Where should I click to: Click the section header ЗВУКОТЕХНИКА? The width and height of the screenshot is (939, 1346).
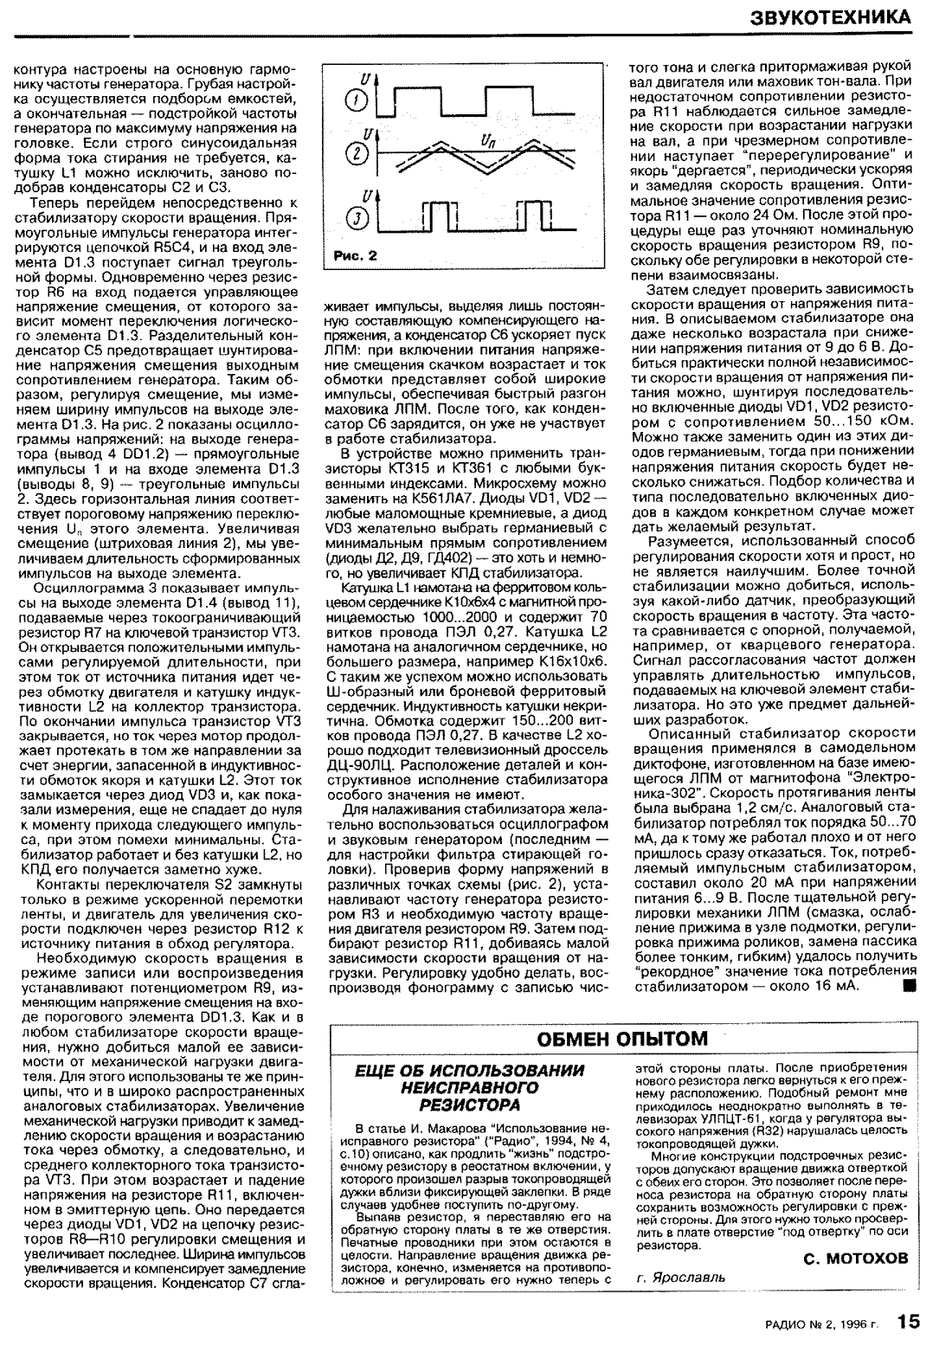830,17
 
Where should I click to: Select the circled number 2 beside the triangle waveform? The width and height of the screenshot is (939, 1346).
354,156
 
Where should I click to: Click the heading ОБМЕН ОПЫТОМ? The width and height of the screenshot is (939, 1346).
622,1038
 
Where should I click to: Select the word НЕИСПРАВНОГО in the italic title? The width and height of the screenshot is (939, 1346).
470,1088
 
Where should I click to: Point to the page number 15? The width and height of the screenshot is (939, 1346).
908,1322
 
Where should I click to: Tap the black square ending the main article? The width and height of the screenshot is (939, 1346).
908,986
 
